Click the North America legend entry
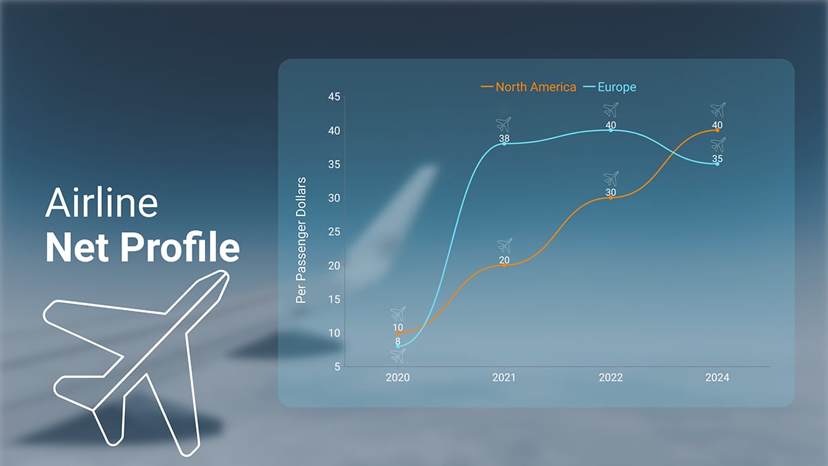tap(529, 87)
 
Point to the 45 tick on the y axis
tap(333, 97)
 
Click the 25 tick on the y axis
tap(333, 232)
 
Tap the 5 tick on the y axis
tap(337, 367)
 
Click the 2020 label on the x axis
tap(398, 378)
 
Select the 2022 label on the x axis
tap(611, 378)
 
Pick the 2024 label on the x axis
tap(717, 378)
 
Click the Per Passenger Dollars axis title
tap(301, 240)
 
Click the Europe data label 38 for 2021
tap(504, 138)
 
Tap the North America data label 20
tap(504, 260)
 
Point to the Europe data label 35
tap(718, 159)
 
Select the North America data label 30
tap(611, 193)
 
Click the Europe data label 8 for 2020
tap(398, 341)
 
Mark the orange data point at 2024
tap(718, 130)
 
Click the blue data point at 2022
tap(611, 130)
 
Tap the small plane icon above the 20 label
tap(505, 245)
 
